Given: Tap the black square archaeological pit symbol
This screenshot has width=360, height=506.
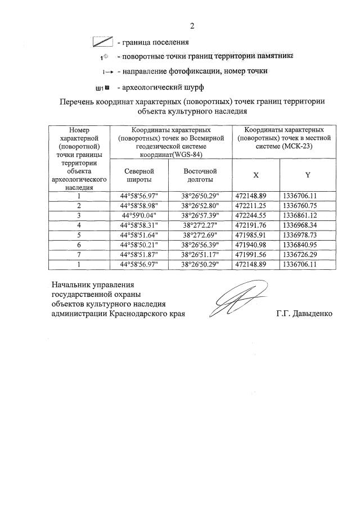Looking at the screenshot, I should coord(107,88).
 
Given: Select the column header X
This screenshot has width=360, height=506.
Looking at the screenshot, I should coord(256,175).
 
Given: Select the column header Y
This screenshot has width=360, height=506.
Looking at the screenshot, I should coord(307,175).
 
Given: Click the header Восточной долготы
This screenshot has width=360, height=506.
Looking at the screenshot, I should coord(200,175).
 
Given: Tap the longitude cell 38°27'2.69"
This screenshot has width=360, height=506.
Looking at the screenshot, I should coord(200,236).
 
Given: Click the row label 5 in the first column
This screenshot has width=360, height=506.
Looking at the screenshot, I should coord(79,236).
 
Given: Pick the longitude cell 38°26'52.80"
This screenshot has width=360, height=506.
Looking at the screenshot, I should coord(200,205).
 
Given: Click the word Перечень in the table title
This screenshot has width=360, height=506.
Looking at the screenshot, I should coord(78,102).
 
